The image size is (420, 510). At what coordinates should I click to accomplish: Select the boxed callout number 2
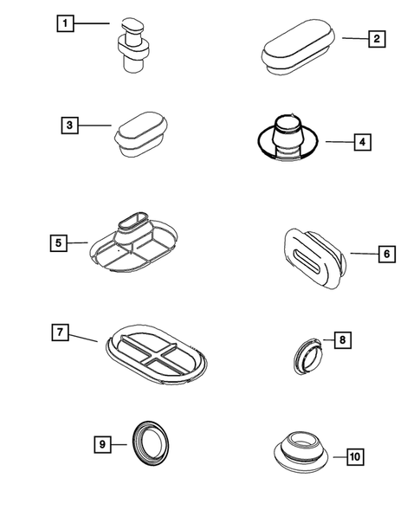coord(376,38)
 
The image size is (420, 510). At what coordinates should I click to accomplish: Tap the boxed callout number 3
coord(70,125)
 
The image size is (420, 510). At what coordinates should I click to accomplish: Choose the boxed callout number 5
coord(57,243)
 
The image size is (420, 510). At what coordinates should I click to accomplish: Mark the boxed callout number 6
coord(386,254)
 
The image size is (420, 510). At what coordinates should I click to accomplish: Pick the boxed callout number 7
coord(59,332)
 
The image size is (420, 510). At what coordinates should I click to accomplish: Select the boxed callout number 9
coord(102,444)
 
